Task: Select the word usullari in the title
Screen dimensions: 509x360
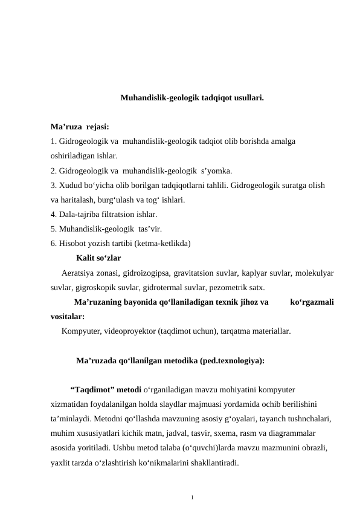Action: pos(247,97)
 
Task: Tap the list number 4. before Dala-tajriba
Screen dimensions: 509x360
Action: pos(54,215)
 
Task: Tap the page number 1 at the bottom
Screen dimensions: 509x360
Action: pos(191,498)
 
